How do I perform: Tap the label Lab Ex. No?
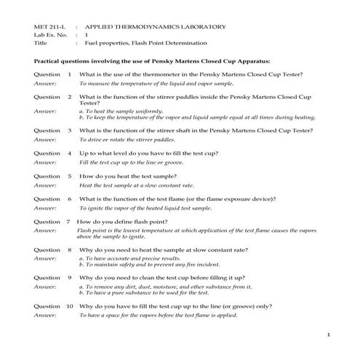[x=50, y=34]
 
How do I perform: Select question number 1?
[x=70, y=75]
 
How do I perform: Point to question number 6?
[x=70, y=199]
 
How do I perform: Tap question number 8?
[x=70, y=250]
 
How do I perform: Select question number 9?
[x=70, y=278]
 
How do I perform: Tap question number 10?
[x=69, y=306]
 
